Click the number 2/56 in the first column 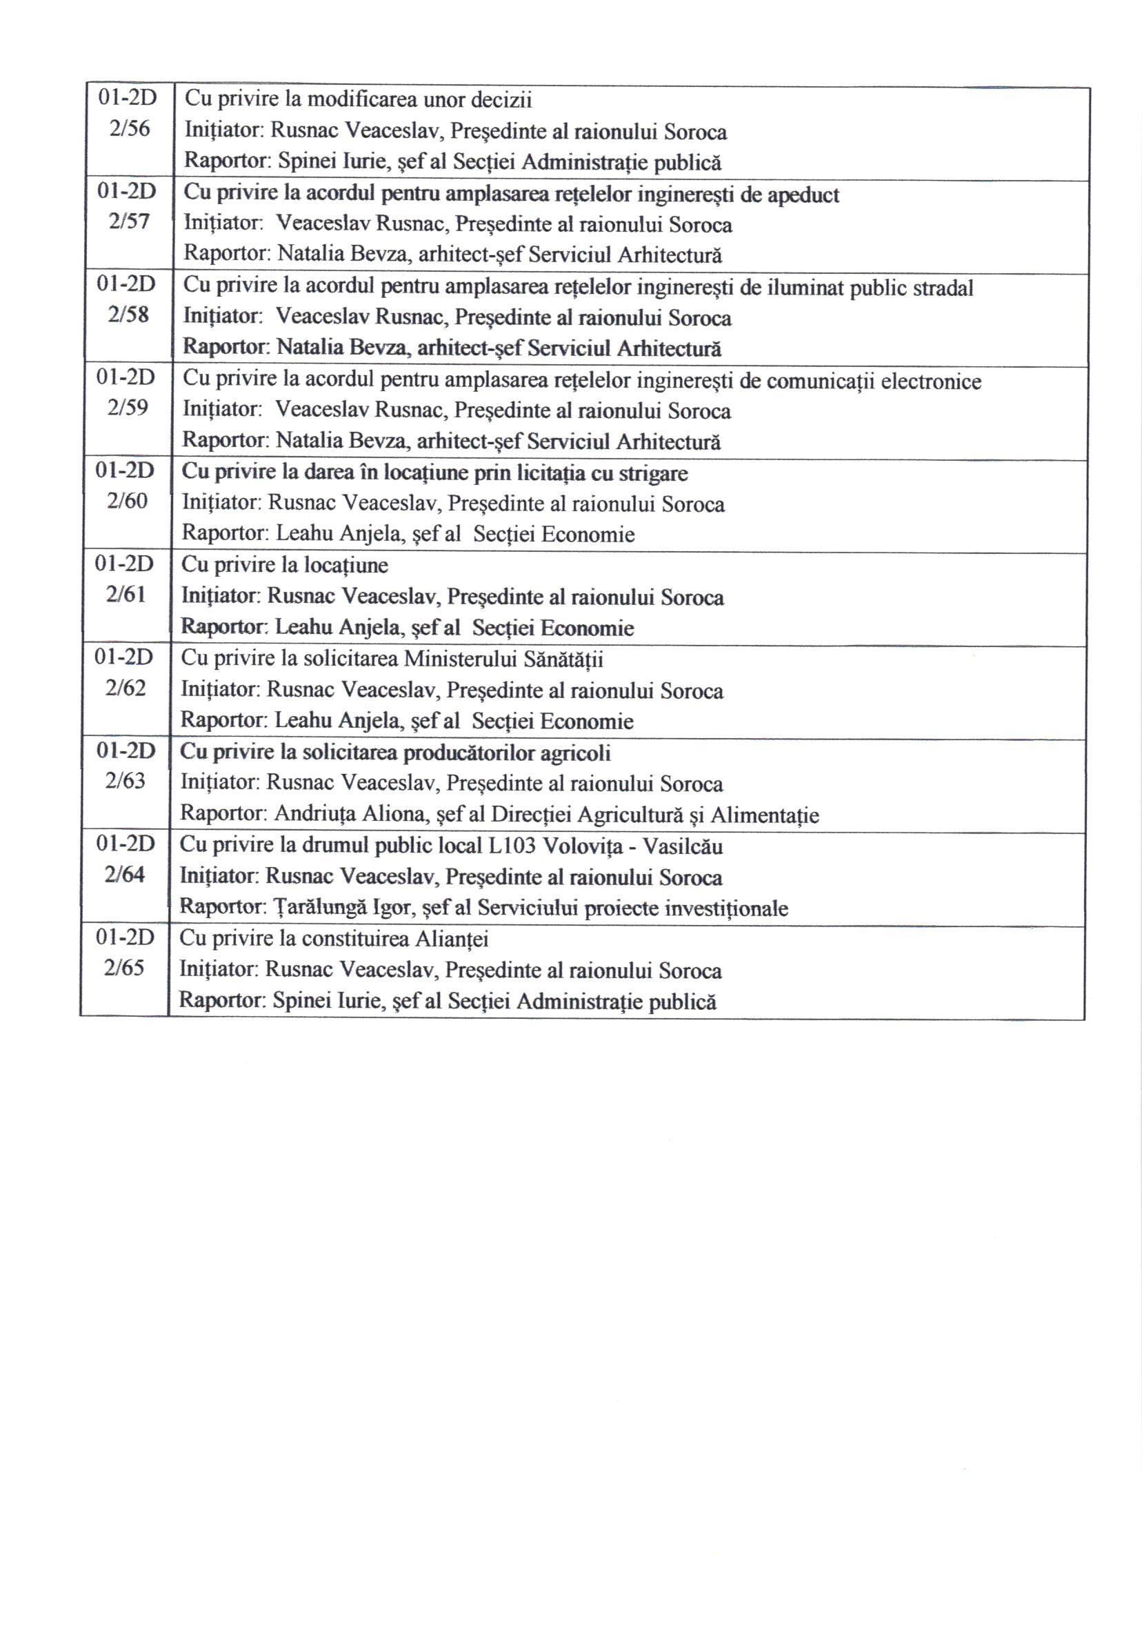[129, 129]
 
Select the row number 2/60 [127, 501]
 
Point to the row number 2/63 [125, 781]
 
